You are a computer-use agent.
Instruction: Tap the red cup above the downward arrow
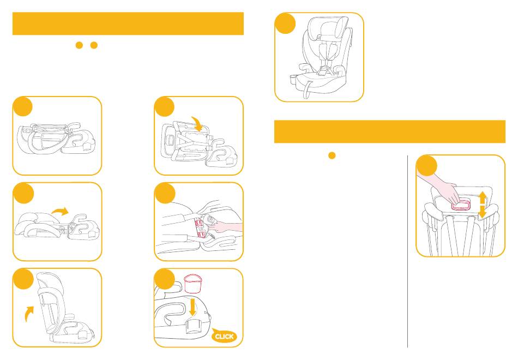(x=192, y=283)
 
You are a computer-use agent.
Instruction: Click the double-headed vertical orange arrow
(x=483, y=205)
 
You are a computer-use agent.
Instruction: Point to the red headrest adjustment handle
(x=461, y=206)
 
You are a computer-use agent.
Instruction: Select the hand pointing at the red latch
(x=226, y=227)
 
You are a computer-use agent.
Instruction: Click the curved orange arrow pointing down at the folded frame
(x=197, y=123)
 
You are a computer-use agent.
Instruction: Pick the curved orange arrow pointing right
(x=60, y=211)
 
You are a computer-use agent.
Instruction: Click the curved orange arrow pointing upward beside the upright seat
(x=29, y=313)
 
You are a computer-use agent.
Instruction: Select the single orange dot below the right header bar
(x=332, y=155)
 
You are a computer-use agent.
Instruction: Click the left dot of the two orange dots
(x=79, y=45)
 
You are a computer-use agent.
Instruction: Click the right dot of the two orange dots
(x=94, y=45)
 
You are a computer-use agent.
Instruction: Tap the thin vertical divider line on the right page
(x=408, y=251)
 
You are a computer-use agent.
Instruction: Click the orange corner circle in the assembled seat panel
(x=285, y=23)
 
